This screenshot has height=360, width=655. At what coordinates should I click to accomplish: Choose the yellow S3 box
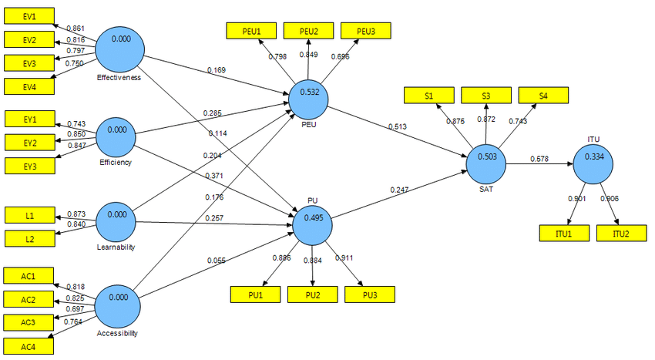coord(486,96)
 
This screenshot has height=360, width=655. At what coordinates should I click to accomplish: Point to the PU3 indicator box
coord(369,294)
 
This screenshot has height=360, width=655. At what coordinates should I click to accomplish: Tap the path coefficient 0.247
coord(399,190)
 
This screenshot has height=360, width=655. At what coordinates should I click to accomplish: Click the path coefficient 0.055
coord(217,261)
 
